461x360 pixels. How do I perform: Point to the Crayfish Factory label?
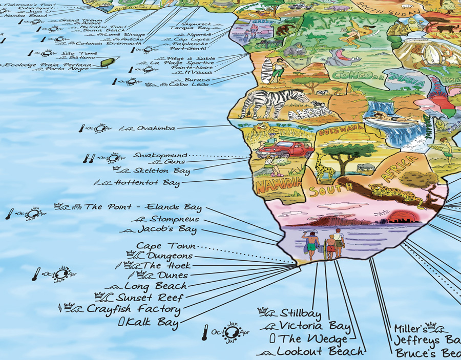(x=133, y=309)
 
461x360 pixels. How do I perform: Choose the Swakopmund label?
(x=161, y=155)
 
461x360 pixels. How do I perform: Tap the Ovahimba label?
(x=156, y=128)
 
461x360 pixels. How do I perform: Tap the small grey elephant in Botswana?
(x=365, y=167)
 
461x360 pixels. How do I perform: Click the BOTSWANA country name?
(x=337, y=132)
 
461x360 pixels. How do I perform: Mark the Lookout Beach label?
(x=320, y=352)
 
